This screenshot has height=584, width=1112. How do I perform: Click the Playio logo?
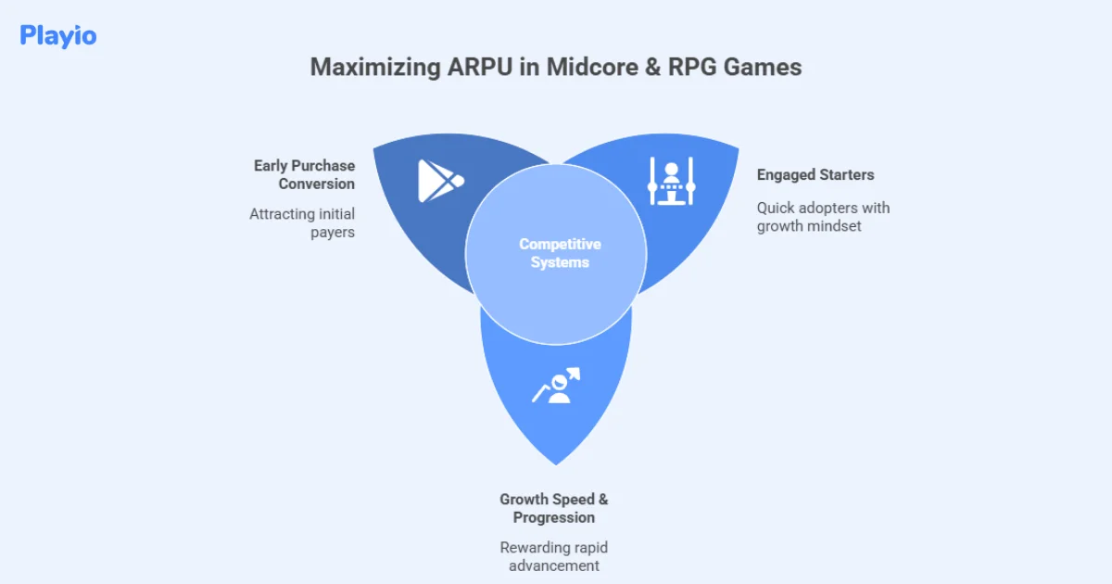(57, 36)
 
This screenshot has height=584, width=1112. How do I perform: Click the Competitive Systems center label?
(559, 253)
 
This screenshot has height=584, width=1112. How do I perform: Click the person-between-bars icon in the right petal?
(672, 181)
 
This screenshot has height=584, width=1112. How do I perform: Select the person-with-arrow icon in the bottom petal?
(556, 387)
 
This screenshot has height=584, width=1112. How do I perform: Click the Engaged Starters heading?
(815, 174)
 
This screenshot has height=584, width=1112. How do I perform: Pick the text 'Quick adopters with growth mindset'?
(823, 217)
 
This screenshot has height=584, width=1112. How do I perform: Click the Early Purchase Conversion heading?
(305, 174)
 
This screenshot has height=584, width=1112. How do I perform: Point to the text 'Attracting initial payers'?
(302, 223)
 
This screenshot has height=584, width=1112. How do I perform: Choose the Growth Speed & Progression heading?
(554, 508)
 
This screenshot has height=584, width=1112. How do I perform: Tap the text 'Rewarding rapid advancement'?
(554, 556)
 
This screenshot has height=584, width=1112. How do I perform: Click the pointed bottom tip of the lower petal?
(556, 463)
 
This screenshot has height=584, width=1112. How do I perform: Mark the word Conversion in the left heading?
(317, 184)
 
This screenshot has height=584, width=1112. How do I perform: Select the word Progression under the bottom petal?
(554, 517)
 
